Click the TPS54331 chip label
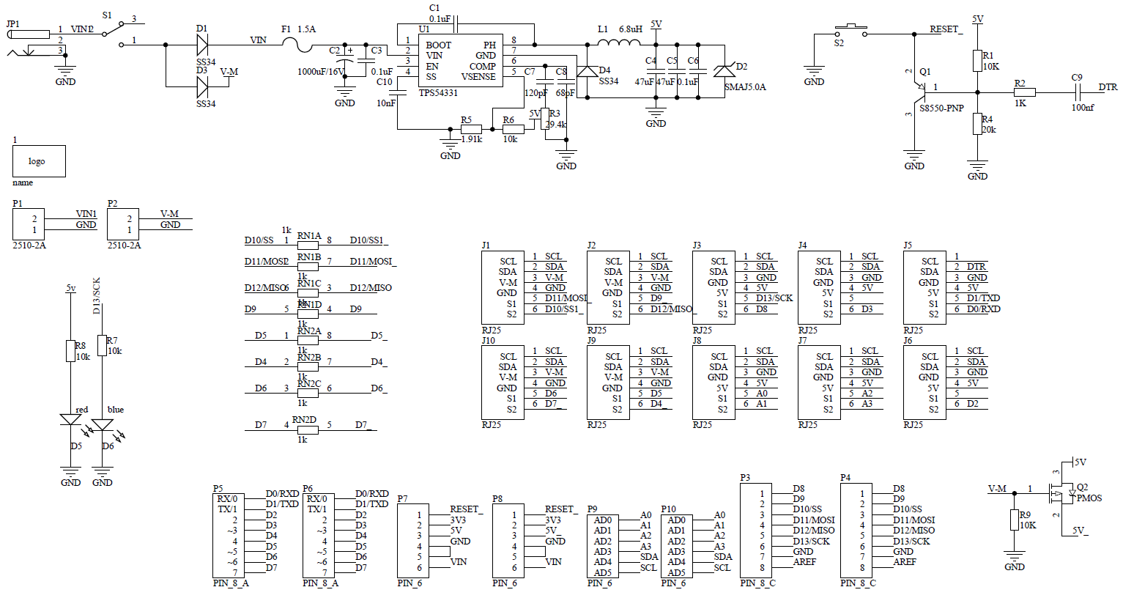pyautogui.click(x=438, y=93)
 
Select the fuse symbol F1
pyautogui.click(x=297, y=45)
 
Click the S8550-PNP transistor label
pyautogui.click(x=941, y=108)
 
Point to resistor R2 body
pyautogui.click(x=1024, y=92)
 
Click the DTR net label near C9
pyautogui.click(x=1108, y=87)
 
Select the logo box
pyautogui.click(x=39, y=161)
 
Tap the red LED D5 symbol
pyautogui.click(x=71, y=421)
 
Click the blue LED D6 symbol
pyautogui.click(x=103, y=424)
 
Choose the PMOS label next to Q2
pyautogui.click(x=1089, y=498)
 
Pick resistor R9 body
pyautogui.click(x=1015, y=520)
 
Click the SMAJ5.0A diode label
pyautogui.click(x=745, y=87)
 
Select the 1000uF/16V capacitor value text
pyautogui.click(x=321, y=72)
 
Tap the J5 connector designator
pyautogui.click(x=908, y=246)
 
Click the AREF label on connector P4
pyautogui.click(x=905, y=562)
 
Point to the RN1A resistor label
pyautogui.click(x=309, y=236)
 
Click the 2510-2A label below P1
pyautogui.click(x=29, y=246)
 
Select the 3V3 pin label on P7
pyautogui.click(x=458, y=520)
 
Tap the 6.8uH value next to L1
pyautogui.click(x=631, y=29)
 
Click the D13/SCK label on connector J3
pyautogui.click(x=774, y=298)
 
